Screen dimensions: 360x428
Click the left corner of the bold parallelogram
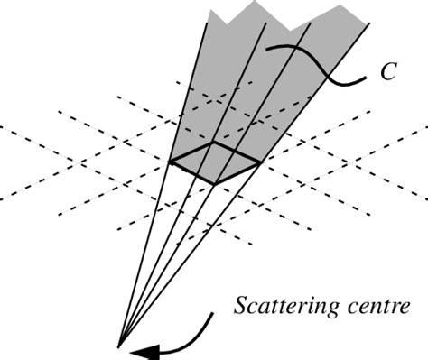click(171, 162)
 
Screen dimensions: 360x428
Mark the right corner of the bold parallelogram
click(260, 162)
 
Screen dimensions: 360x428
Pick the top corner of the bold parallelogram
click(214, 142)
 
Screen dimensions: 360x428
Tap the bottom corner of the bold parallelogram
click(216, 184)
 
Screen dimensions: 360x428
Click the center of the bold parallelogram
click(215, 162)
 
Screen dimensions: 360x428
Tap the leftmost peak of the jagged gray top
click(209, 14)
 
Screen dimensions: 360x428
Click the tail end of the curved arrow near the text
click(214, 314)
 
